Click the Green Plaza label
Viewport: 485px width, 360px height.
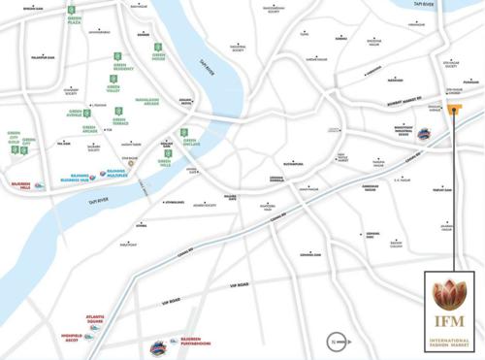point(72,19)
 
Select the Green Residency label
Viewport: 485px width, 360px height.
point(122,69)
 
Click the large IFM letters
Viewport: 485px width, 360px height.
point(449,321)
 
